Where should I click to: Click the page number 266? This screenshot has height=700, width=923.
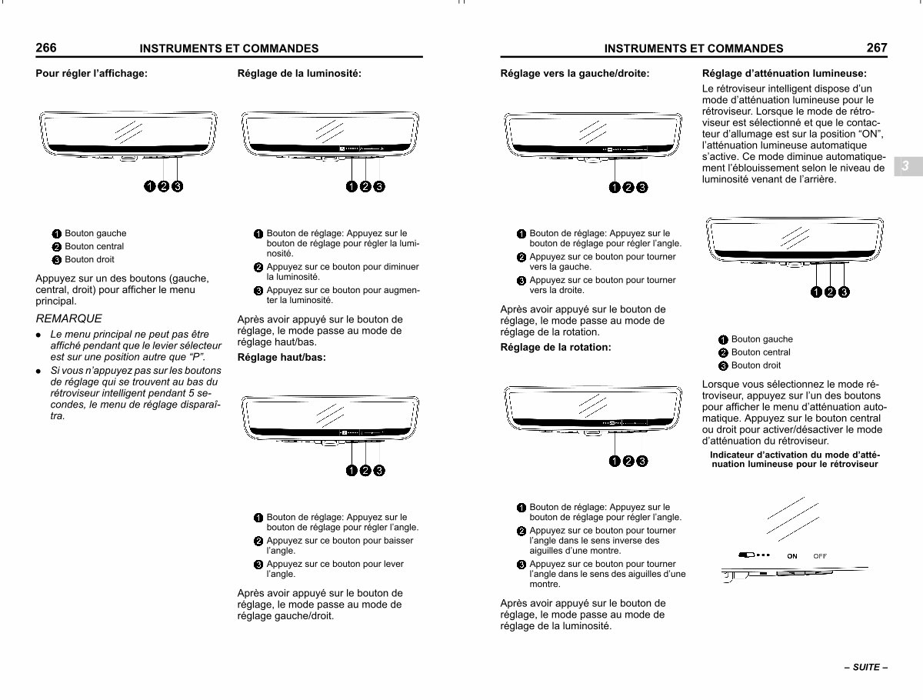tap(46, 48)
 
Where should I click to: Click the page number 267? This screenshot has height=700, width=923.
tap(877, 48)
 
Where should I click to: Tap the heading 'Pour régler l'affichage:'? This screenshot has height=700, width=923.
tap(92, 74)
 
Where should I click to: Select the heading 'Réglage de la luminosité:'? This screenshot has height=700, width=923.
tap(299, 74)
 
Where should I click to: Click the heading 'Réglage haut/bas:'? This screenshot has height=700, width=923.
tap(282, 358)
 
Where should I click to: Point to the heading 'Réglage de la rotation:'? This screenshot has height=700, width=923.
tap(555, 347)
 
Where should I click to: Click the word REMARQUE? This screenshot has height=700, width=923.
tap(68, 318)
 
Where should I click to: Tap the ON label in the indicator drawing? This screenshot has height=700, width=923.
tap(792, 556)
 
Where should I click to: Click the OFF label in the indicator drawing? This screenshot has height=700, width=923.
tap(820, 556)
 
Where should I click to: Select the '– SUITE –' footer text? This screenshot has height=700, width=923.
tap(866, 667)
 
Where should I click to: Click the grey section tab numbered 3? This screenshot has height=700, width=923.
tap(908, 166)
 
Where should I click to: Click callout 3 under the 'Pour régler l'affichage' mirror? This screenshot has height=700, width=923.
tap(178, 186)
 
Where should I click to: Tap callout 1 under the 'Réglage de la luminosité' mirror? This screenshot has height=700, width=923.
tap(352, 186)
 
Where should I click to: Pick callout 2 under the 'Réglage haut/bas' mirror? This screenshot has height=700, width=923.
tap(365, 471)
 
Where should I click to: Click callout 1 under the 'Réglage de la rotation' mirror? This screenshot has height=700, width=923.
tap(615, 462)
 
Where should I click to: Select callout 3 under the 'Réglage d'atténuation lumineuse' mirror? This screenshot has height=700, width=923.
tap(844, 292)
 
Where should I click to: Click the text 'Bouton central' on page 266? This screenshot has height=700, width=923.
tap(94, 246)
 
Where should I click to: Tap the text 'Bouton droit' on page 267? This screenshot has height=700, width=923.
tap(755, 365)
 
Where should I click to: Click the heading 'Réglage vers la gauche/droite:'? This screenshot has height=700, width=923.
tap(575, 74)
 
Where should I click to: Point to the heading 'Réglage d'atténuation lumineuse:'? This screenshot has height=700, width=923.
tap(785, 74)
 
